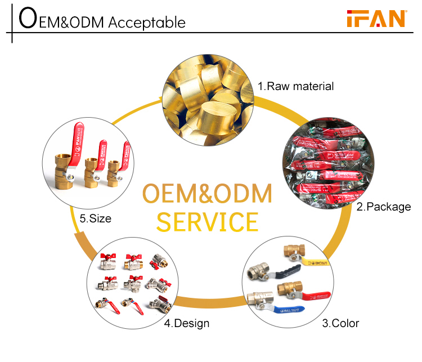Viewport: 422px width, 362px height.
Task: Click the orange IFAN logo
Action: pyautogui.click(x=375, y=19)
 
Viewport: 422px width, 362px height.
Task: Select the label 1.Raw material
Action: pyautogui.click(x=296, y=86)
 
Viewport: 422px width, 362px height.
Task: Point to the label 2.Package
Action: pyautogui.click(x=383, y=207)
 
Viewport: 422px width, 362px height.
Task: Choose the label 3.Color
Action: pyautogui.click(x=340, y=323)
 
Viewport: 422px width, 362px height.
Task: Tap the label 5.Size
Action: pyautogui.click(x=96, y=218)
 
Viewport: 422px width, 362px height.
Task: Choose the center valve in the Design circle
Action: pyautogui.click(x=133, y=281)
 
